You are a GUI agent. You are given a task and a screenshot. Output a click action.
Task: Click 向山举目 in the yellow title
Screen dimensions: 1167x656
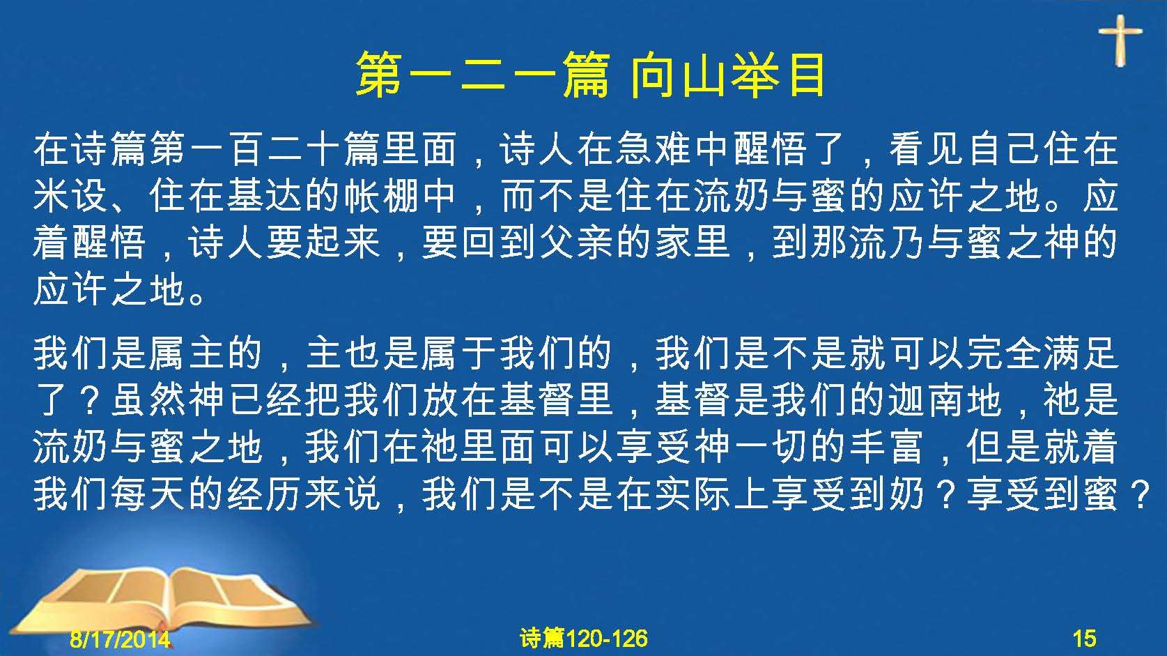pyautogui.click(x=727, y=75)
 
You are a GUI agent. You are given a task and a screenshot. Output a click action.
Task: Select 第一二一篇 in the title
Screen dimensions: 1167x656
pyautogui.click(x=483, y=75)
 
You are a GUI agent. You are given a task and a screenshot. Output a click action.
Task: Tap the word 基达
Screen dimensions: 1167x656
pyautogui.click(x=265, y=196)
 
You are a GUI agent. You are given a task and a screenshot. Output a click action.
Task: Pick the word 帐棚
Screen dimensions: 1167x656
pyautogui.click(x=381, y=196)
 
